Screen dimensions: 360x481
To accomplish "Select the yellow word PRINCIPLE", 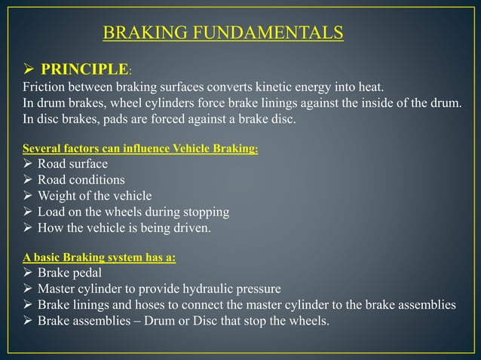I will click(x=84, y=70).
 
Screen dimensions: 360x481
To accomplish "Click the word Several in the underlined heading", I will click(x=41, y=149).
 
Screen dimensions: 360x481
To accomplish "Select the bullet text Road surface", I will click(x=72, y=164).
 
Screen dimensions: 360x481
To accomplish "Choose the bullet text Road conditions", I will click(x=81, y=180).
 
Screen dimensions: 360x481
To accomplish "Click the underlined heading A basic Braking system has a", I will click(x=100, y=258).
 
